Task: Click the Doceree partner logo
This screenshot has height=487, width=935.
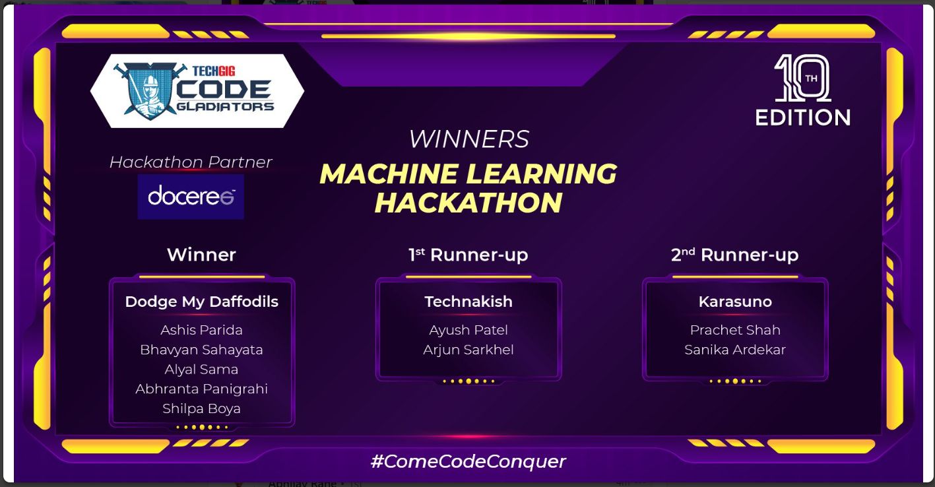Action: click(x=191, y=197)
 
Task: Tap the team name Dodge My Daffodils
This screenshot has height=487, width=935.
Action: click(x=202, y=302)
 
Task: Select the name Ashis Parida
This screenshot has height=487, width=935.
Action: click(x=202, y=330)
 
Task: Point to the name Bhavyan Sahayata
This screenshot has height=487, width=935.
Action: click(x=202, y=350)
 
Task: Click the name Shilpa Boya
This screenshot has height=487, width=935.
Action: click(x=202, y=408)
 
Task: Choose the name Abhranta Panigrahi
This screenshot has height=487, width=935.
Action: click(x=202, y=389)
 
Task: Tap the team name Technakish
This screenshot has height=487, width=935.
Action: click(x=468, y=302)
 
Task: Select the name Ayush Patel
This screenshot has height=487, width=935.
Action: click(x=468, y=330)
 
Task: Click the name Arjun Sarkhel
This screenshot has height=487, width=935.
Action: click(x=468, y=350)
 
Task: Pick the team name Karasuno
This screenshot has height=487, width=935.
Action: click(x=735, y=302)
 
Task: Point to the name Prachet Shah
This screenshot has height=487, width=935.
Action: click(x=735, y=330)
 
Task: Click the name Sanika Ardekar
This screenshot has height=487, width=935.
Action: click(x=735, y=350)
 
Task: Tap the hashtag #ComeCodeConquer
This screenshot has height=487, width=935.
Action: click(x=468, y=461)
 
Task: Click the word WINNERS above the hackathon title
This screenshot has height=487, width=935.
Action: click(x=468, y=139)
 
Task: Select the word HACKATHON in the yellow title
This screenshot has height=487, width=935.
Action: click(x=468, y=203)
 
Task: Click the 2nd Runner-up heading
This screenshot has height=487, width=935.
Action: click(x=735, y=255)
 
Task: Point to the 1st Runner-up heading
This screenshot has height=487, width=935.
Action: click(x=468, y=255)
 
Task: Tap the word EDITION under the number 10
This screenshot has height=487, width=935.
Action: click(x=802, y=117)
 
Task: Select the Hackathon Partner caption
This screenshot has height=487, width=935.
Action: click(x=191, y=162)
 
